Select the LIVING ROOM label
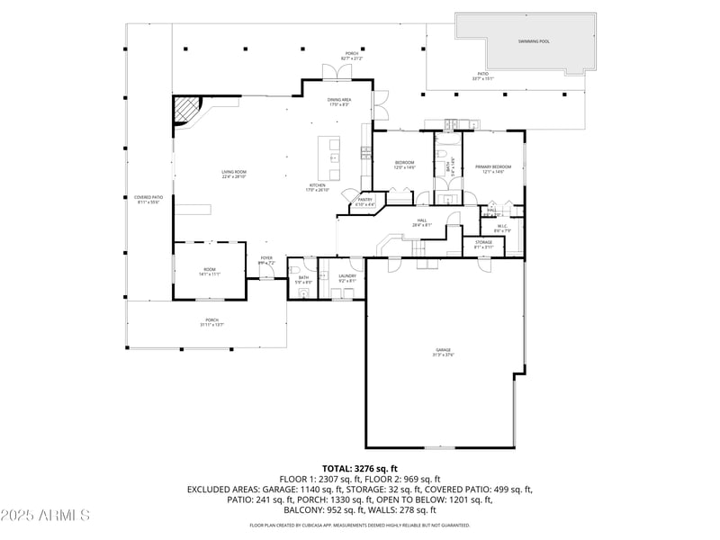234,172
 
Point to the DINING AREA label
338,100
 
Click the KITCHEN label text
318,185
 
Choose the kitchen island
334,158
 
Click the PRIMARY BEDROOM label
493,166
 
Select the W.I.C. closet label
503,226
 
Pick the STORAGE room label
483,242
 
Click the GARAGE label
444,349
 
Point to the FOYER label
266,258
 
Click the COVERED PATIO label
148,197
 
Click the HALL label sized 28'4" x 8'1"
421,220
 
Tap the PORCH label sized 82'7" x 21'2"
351,53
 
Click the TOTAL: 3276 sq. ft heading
360,468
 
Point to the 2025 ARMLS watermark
45,515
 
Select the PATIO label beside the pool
482,74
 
